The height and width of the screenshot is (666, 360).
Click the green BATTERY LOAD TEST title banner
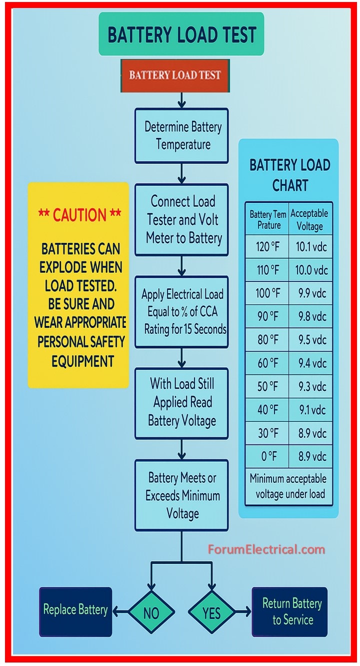pos(181,34)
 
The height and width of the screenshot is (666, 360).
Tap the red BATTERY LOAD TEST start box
pos(175,75)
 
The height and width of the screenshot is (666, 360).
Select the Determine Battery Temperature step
pos(181,135)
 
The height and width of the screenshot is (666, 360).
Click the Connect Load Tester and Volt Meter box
pos(181,220)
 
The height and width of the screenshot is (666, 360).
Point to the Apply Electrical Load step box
pos(181,312)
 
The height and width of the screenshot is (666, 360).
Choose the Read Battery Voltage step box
pos(181,403)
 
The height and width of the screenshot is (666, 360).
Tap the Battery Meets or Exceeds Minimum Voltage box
pos(181,495)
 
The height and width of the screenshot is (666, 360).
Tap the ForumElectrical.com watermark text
pos(266,550)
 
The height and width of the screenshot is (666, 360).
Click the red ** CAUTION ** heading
pos(79,215)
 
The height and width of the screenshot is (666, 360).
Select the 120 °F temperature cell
pos(267,247)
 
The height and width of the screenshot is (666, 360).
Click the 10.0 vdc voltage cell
pos(310,270)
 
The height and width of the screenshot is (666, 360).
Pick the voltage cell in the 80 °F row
pos(310,340)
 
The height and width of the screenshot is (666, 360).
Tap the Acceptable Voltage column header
pos(310,219)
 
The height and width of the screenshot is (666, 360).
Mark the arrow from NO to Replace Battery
pos(120,611)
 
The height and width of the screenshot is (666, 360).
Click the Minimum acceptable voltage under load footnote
pos(288,486)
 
